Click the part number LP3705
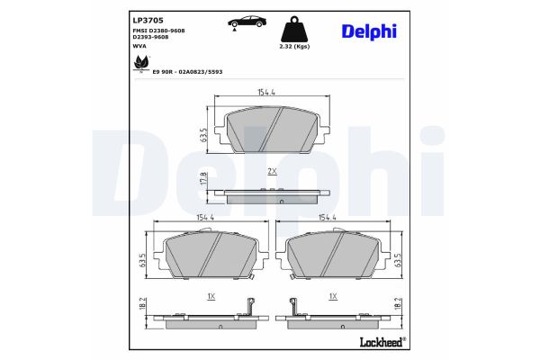[121, 19]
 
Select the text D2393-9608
[126, 38]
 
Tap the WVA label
[114, 46]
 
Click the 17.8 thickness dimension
[204, 179]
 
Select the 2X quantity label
[271, 171]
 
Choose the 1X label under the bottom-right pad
[334, 296]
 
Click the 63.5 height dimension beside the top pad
[204, 135]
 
